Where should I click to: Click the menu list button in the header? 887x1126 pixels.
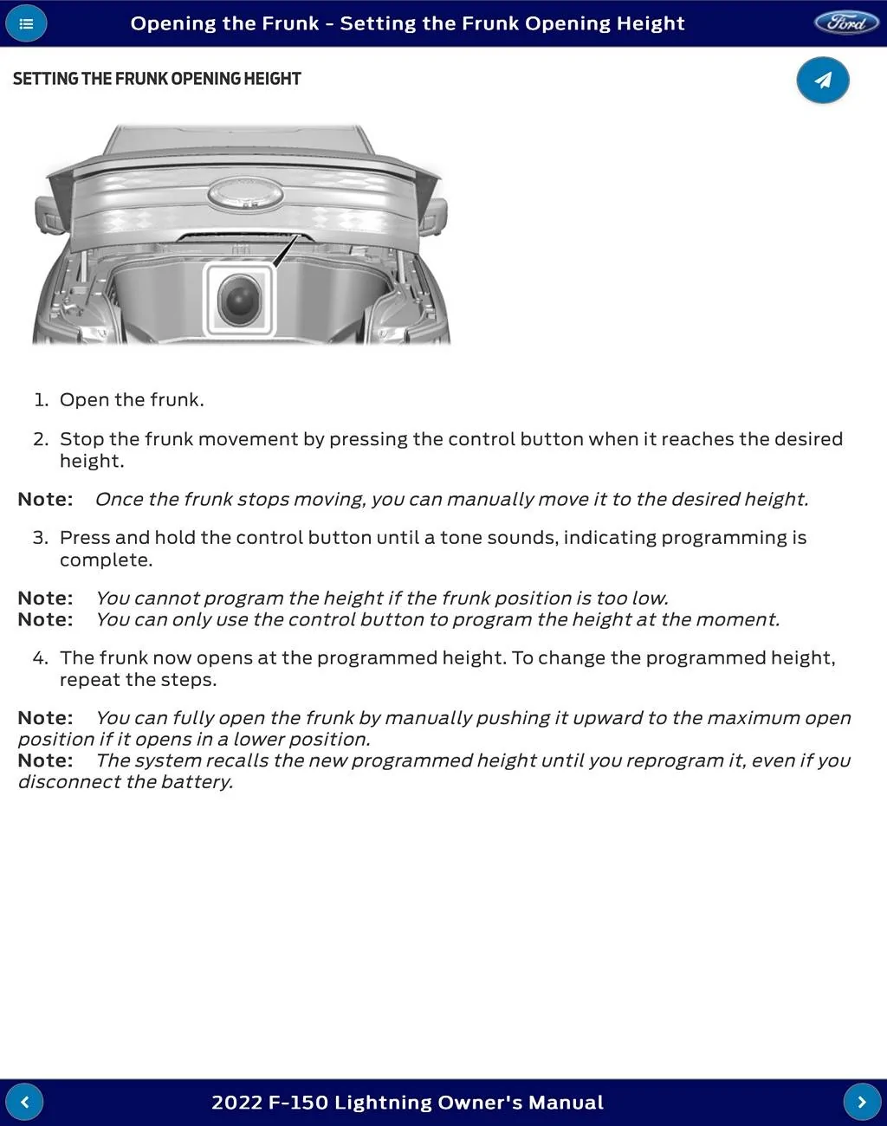pos(26,23)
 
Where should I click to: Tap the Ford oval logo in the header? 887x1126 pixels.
pos(845,23)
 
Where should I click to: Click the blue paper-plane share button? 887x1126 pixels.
pos(822,81)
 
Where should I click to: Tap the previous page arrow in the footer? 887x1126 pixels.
pos(24,1102)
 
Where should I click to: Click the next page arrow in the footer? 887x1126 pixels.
pos(862,1102)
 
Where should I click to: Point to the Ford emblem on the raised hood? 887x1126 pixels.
pos(245,193)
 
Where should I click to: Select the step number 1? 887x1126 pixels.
pos(41,400)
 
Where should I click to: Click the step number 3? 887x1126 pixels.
pos(40,538)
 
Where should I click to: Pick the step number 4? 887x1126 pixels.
pos(40,658)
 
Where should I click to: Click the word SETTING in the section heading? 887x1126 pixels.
pos(44,79)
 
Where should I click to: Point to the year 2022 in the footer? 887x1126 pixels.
pos(236,1103)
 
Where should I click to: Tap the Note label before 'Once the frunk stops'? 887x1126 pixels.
pos(45,500)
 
